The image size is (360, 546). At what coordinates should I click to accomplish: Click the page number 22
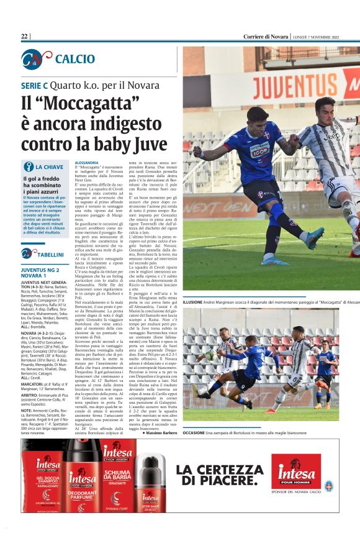(x=25, y=36)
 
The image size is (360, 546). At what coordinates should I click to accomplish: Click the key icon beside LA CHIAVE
(x=28, y=166)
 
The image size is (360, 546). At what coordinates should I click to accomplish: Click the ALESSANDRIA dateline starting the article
(x=86, y=162)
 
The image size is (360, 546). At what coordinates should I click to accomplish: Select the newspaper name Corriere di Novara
(x=266, y=36)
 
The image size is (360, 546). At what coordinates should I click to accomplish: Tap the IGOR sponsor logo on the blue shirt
(x=259, y=150)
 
